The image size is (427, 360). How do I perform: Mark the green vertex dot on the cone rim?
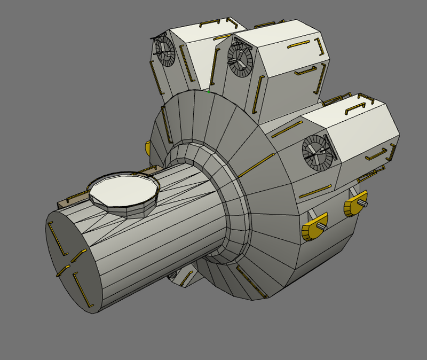coord(208,91)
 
